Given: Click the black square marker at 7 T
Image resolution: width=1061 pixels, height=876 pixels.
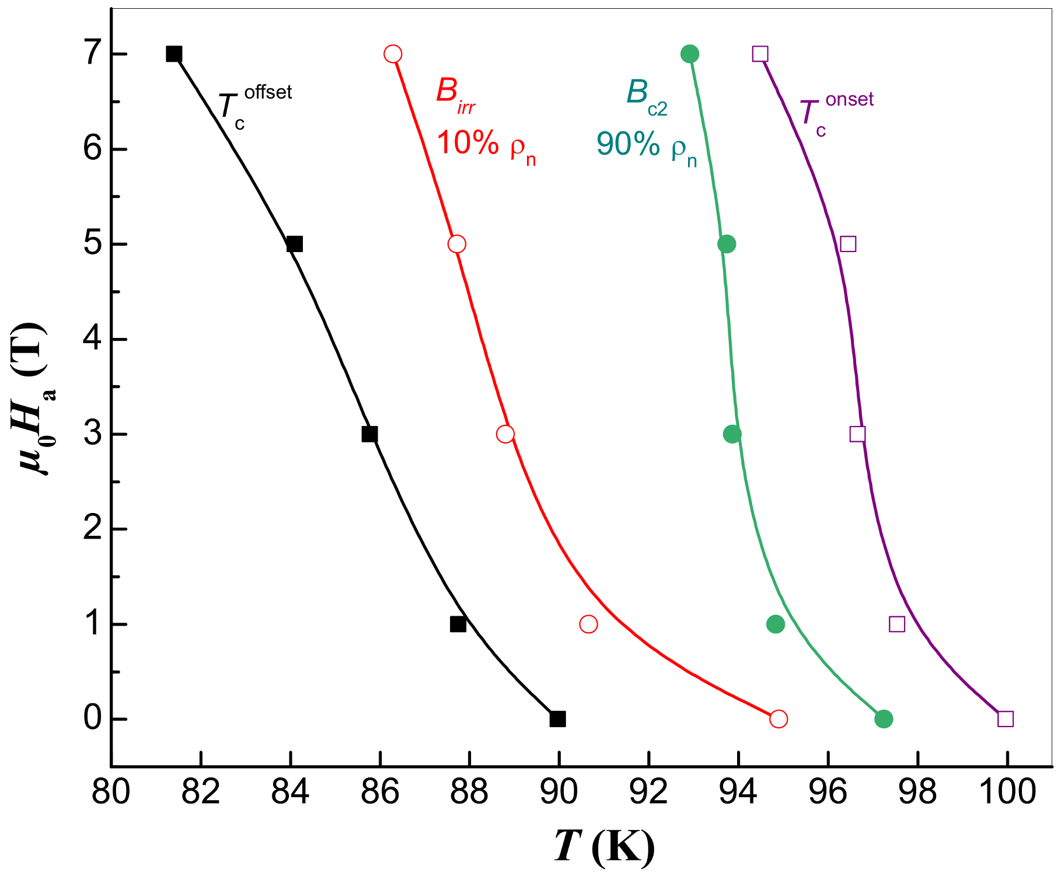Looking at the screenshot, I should [174, 54].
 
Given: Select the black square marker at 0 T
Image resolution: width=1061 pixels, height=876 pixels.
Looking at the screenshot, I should [557, 719].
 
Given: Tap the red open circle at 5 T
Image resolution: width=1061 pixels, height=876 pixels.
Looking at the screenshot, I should [457, 244].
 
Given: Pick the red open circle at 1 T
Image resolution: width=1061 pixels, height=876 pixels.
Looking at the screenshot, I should [588, 624].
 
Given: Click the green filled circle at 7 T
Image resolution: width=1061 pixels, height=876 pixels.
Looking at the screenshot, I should [690, 54].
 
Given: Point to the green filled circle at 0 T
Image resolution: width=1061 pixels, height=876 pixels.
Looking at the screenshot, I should [884, 719].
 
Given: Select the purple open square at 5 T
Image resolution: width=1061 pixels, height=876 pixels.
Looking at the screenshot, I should [848, 244].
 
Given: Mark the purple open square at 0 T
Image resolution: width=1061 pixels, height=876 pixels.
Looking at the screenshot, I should [1005, 719].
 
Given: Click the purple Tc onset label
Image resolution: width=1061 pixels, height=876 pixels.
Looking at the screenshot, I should [835, 114].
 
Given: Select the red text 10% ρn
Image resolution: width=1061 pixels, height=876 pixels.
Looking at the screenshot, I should [486, 144].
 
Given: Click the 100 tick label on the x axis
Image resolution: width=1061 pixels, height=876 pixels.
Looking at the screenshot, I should [1007, 793].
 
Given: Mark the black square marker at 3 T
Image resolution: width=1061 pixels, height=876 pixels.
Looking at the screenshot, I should [369, 434].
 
